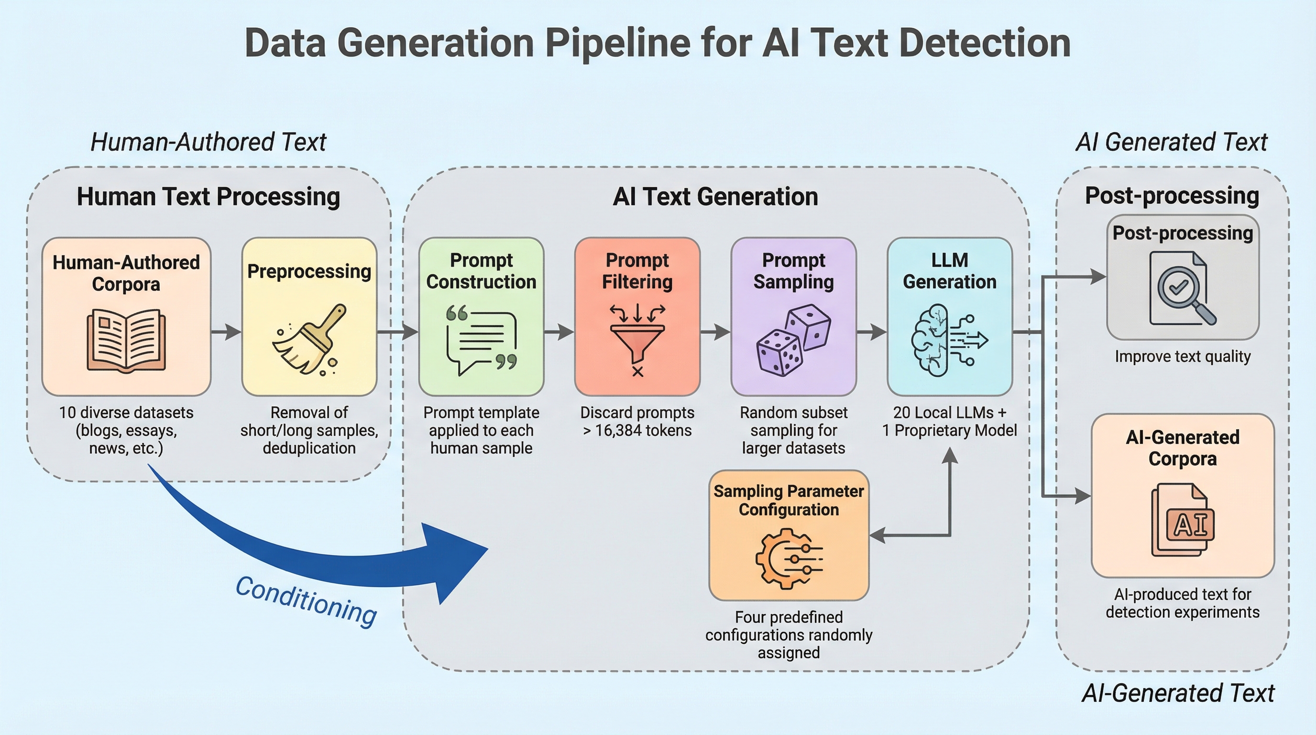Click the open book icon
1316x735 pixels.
126,339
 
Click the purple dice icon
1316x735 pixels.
793,340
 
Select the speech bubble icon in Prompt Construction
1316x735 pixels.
481,340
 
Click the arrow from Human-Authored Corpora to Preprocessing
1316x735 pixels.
226,332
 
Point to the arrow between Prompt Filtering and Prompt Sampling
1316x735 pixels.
715,332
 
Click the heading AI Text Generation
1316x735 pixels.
715,197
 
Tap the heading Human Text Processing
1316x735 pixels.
208,197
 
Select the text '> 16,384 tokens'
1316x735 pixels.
637,430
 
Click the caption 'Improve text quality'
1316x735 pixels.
1183,356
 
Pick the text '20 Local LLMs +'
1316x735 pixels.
949,412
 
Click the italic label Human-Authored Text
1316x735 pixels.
208,142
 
